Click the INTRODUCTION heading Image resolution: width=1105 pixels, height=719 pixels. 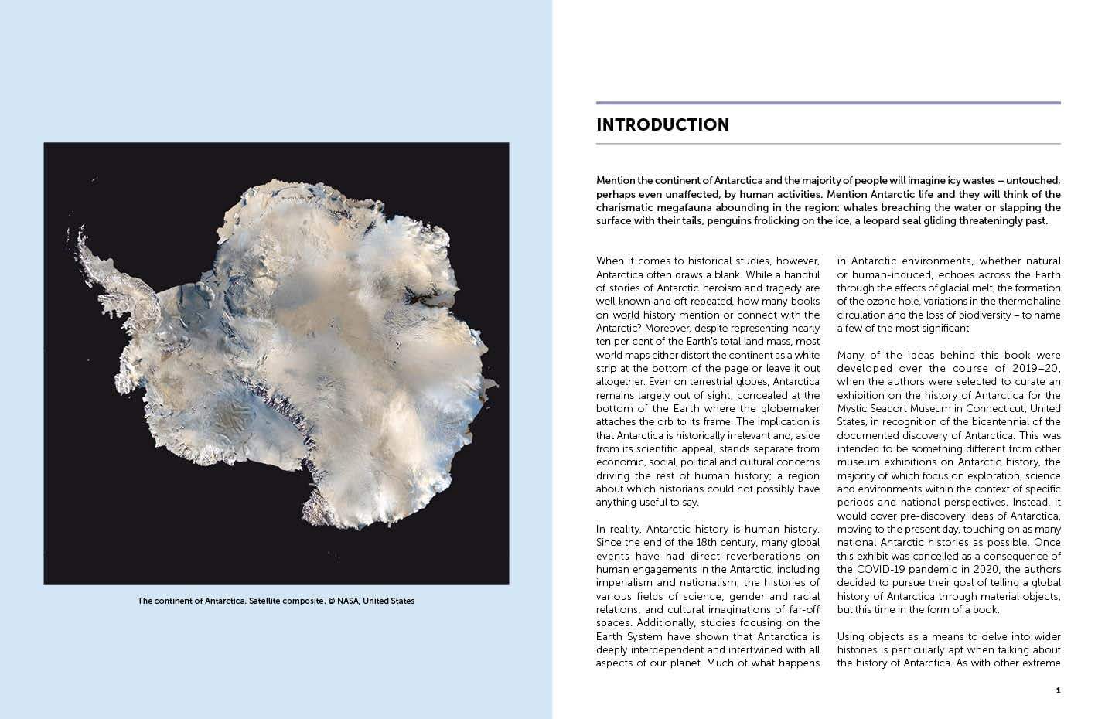point(663,125)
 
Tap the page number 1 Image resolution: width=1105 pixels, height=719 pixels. point(1058,690)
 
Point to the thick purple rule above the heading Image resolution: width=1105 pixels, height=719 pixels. point(828,103)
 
